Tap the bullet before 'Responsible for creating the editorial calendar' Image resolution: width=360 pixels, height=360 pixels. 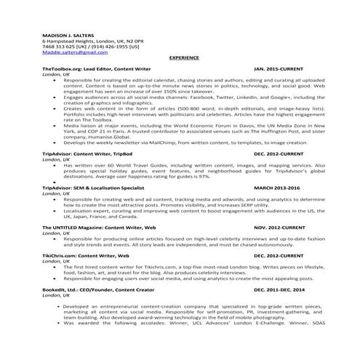pos(55,79)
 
